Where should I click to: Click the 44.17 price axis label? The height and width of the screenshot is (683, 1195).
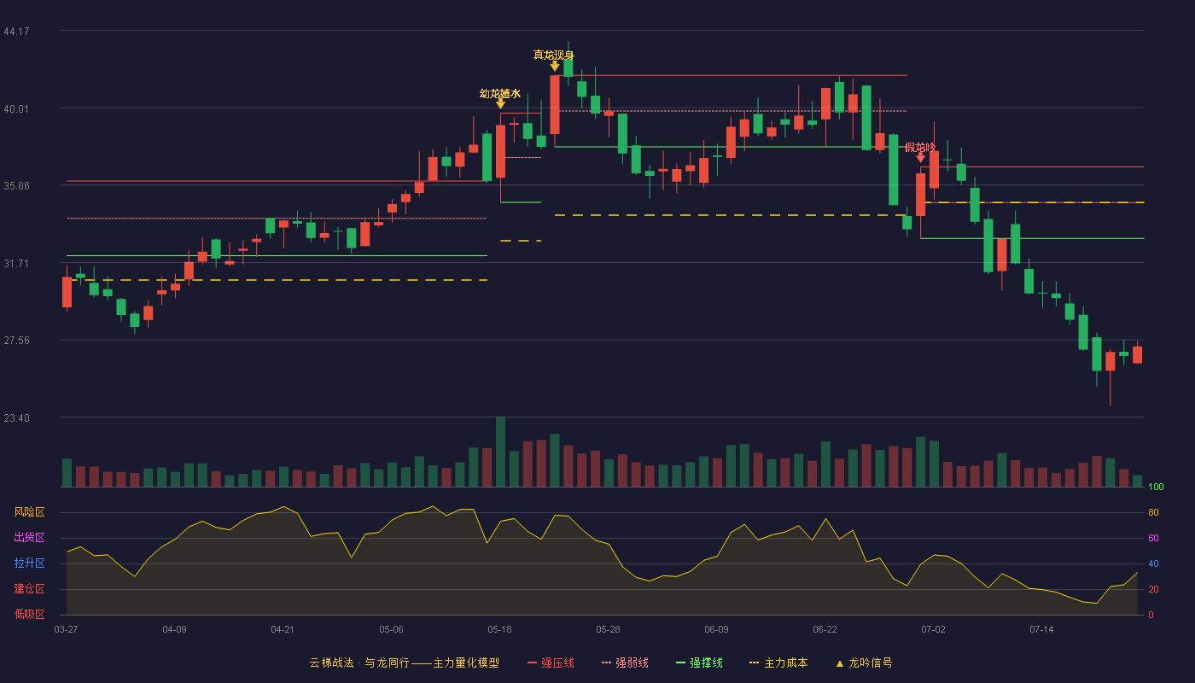(x=16, y=32)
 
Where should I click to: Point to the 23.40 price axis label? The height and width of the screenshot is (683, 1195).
(x=16, y=417)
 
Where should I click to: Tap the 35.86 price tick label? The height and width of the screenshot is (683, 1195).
(x=16, y=186)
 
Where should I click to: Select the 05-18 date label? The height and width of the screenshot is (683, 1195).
(x=499, y=630)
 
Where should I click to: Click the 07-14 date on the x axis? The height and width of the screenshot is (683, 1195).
(x=1041, y=630)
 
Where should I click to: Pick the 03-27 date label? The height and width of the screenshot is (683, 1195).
(x=67, y=630)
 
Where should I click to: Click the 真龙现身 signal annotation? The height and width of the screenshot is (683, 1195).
(x=553, y=55)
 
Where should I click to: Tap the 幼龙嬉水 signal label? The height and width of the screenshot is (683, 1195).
(x=500, y=94)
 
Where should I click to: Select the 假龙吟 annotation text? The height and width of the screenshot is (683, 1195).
(x=920, y=147)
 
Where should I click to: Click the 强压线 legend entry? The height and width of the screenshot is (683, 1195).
(x=551, y=663)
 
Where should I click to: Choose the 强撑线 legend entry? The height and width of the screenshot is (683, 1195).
(x=699, y=663)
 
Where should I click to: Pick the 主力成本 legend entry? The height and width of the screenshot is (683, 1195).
(x=778, y=663)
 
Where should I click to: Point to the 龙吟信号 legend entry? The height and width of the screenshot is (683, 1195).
(x=864, y=663)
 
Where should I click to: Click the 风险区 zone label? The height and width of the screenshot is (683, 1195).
(x=29, y=512)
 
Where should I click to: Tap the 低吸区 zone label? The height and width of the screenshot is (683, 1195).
(x=29, y=615)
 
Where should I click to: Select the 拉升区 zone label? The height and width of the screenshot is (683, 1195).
(x=29, y=563)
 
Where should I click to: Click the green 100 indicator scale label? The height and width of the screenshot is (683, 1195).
(x=1156, y=487)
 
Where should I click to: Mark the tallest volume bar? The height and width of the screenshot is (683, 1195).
(x=500, y=452)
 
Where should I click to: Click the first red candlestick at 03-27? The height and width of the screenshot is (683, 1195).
(x=67, y=292)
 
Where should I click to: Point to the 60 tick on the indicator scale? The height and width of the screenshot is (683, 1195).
(x=1153, y=538)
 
